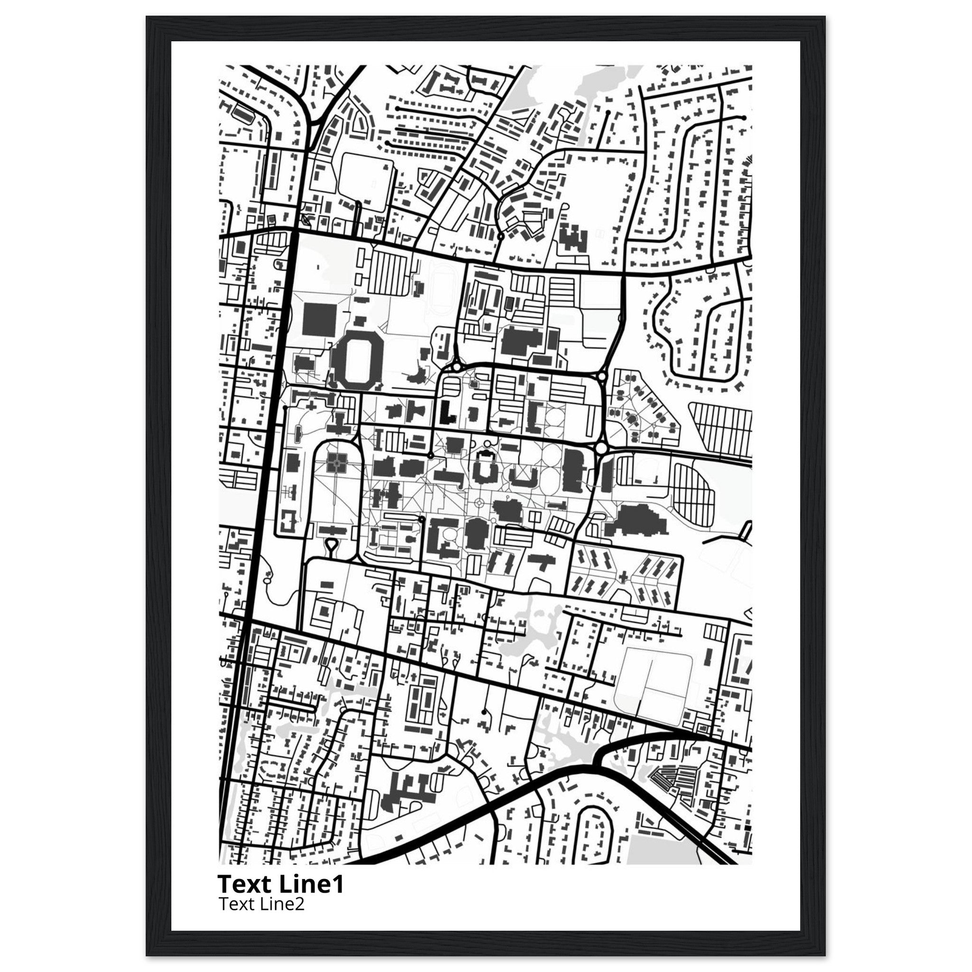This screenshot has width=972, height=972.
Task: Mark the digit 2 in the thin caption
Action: (300, 904)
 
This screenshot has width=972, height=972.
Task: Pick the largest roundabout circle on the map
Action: (601, 448)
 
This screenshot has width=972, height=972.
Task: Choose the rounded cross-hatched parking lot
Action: (694, 487)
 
